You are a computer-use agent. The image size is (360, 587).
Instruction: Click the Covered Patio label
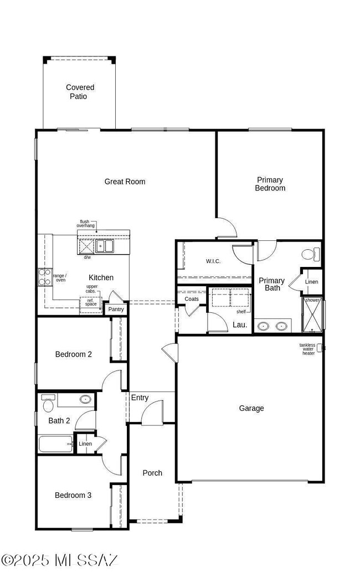click(x=80, y=92)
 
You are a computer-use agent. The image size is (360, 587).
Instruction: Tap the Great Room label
click(x=125, y=182)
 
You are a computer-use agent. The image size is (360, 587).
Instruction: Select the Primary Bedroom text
click(x=270, y=184)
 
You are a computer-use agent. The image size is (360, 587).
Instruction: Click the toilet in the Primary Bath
click(x=310, y=255)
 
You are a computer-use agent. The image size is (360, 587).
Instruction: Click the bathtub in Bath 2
click(x=55, y=444)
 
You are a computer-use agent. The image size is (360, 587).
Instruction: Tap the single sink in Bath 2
click(x=85, y=399)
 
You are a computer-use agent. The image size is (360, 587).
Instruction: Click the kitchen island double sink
click(x=104, y=246)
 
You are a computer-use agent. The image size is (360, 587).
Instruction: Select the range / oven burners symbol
click(x=44, y=277)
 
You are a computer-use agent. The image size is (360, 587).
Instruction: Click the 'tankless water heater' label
click(x=307, y=349)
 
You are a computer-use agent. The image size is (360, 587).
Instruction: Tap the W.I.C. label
click(x=213, y=261)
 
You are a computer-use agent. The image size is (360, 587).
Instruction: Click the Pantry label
click(x=116, y=309)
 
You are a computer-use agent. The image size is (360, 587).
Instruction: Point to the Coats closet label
click(x=192, y=299)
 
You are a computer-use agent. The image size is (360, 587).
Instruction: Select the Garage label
click(x=251, y=408)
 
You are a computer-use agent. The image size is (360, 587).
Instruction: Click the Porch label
click(x=152, y=473)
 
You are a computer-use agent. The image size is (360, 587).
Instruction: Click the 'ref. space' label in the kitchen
click(x=91, y=302)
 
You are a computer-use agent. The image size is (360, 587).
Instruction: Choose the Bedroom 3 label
click(x=73, y=495)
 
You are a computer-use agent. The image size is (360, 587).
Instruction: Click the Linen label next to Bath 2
click(x=85, y=444)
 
